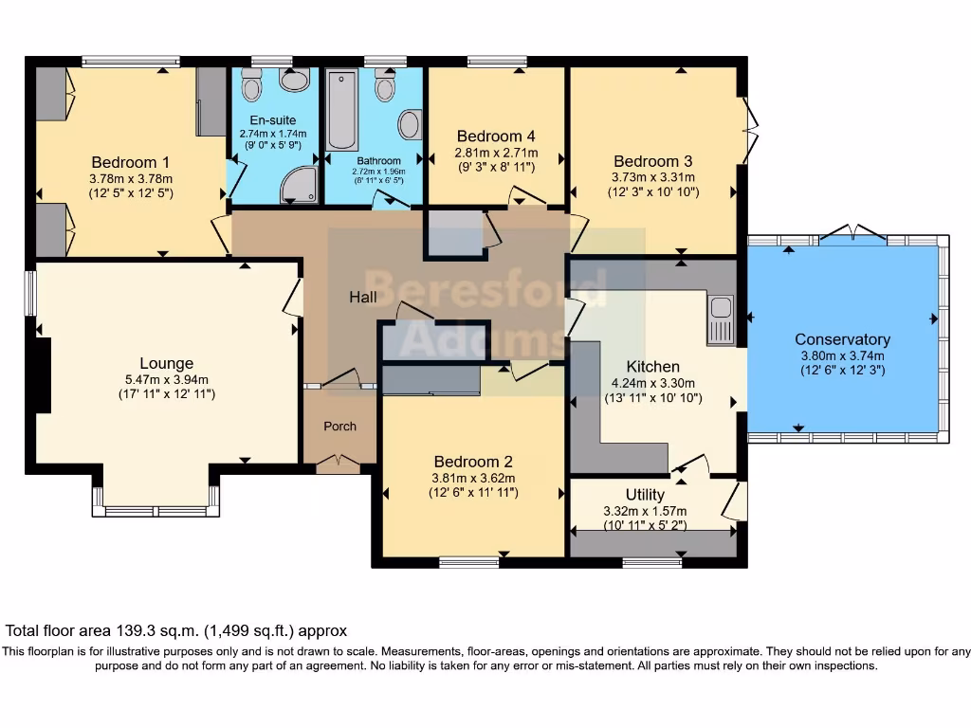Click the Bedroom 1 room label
click(x=131, y=161)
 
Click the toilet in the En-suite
click(x=252, y=85)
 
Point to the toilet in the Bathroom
click(x=384, y=86)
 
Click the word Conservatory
click(x=842, y=339)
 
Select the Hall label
click(x=362, y=297)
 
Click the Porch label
click(x=339, y=427)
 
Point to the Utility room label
click(x=645, y=495)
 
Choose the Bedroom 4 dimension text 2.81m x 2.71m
click(x=497, y=153)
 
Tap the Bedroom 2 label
click(x=472, y=462)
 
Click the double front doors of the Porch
click(x=339, y=462)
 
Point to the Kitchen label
click(x=652, y=367)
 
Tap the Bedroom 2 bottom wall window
click(x=469, y=562)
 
